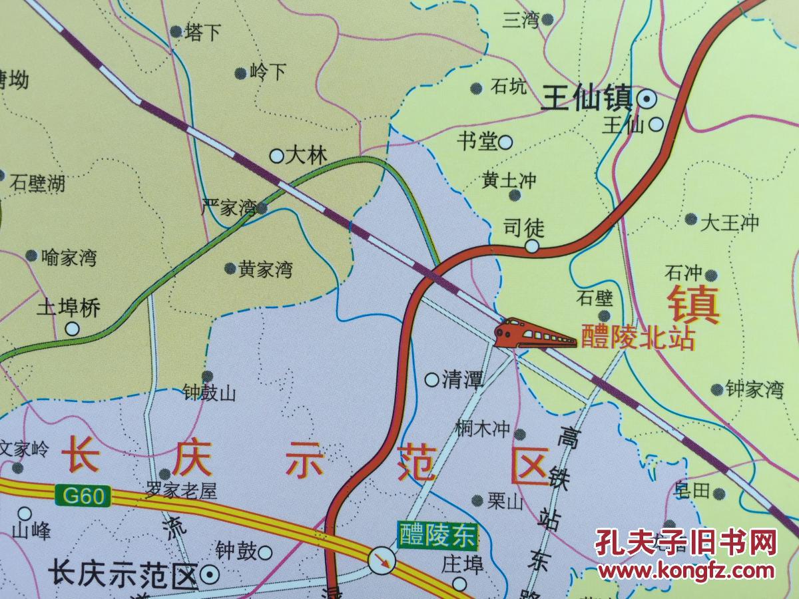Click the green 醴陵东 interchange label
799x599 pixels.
437,534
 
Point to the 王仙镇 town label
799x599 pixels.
586,100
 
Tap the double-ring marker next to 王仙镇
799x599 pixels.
646,100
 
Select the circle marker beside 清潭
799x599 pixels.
432,380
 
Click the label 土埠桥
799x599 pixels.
68,308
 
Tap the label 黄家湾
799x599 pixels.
266,270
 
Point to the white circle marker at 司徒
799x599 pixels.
532,247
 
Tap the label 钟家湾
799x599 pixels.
754,390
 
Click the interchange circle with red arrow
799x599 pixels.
383,560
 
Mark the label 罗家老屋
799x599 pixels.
182,492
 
